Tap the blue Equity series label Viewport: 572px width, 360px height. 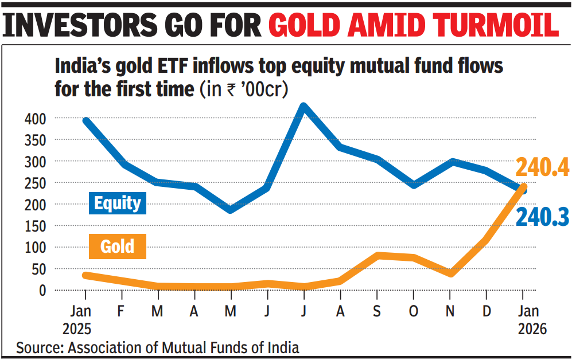(x=118, y=203)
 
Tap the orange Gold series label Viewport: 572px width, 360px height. (x=117, y=247)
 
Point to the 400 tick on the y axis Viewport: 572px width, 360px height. (x=34, y=119)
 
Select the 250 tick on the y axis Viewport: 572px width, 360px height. (x=34, y=183)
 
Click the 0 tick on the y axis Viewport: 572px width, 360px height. (x=42, y=290)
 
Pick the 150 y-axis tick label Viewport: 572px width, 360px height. (x=34, y=226)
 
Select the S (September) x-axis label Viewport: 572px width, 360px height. (x=378, y=311)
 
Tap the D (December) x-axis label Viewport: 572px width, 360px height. (x=487, y=311)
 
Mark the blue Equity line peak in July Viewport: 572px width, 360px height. (x=304, y=107)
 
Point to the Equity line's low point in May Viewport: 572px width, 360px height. (x=231, y=210)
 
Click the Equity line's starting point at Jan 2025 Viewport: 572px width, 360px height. (x=85, y=121)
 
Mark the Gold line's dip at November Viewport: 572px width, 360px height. (x=450, y=273)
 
